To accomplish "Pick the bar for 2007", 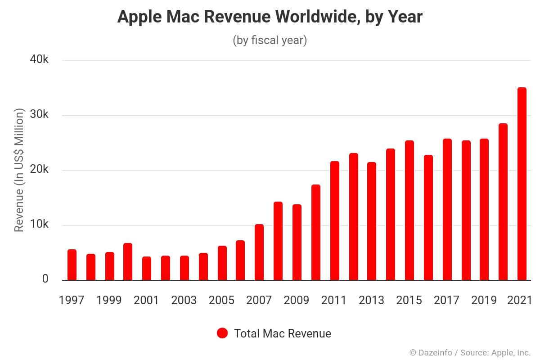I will click(x=259, y=252).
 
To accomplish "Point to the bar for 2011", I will click(x=334, y=220).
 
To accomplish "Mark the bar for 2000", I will click(x=128, y=261).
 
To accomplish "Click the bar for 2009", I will click(x=297, y=242).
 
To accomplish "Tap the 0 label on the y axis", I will click(x=45, y=279).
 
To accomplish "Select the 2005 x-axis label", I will click(x=221, y=300).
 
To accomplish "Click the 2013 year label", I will click(x=371, y=300).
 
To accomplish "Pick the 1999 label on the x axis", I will click(x=109, y=300).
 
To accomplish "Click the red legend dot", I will click(x=222, y=333).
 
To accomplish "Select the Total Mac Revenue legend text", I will click(x=282, y=333).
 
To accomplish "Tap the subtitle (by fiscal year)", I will click(x=270, y=40).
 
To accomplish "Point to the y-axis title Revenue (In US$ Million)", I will click(x=18, y=170).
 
